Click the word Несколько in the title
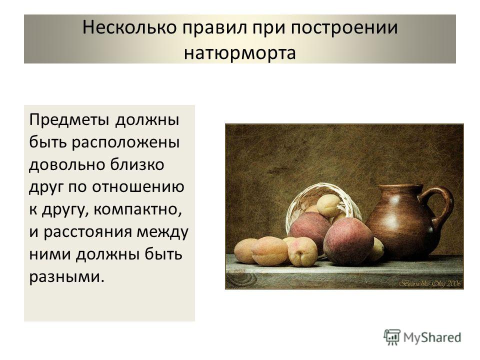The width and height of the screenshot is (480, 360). tap(129, 27)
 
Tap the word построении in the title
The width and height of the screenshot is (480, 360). tap(344, 28)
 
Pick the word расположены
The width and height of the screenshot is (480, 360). tap(125, 142)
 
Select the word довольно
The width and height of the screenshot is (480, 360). tap(66, 165)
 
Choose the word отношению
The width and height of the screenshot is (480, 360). tap(138, 187)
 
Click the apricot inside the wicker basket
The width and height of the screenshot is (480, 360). tap(328, 205)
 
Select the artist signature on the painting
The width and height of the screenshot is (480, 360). tap(429, 284)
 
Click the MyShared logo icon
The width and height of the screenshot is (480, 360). tap(392, 337)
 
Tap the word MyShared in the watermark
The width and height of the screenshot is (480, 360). tap(432, 337)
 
